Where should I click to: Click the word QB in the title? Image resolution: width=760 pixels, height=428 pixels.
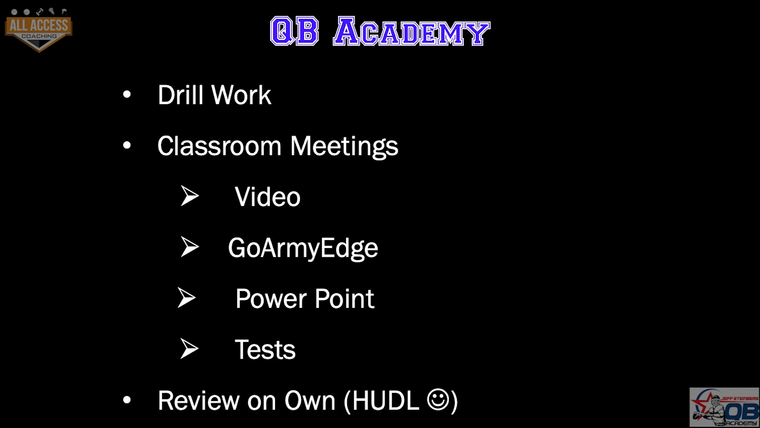tap(294, 31)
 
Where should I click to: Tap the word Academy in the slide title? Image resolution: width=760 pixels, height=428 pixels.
tap(412, 31)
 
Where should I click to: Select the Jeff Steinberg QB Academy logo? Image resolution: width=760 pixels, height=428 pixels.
tap(724, 407)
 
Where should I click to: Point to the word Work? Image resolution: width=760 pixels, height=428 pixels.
tap(241, 95)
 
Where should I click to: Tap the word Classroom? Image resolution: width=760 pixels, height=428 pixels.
tap(219, 146)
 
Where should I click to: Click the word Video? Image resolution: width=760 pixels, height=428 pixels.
tap(268, 197)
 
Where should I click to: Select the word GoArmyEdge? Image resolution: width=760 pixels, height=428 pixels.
tap(303, 248)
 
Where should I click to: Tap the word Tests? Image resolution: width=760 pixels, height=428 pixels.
tap(265, 350)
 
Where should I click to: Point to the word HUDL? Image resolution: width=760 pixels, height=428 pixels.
tap(386, 400)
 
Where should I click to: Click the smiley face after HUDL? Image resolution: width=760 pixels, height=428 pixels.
tap(438, 400)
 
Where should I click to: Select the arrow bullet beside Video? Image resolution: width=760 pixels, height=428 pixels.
tap(190, 196)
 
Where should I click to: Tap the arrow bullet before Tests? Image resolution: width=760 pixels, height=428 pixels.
tap(189, 349)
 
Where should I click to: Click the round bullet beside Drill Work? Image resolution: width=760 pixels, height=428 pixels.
tap(127, 95)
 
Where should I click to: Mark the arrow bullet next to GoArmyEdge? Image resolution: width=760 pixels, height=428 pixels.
tap(190, 247)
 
